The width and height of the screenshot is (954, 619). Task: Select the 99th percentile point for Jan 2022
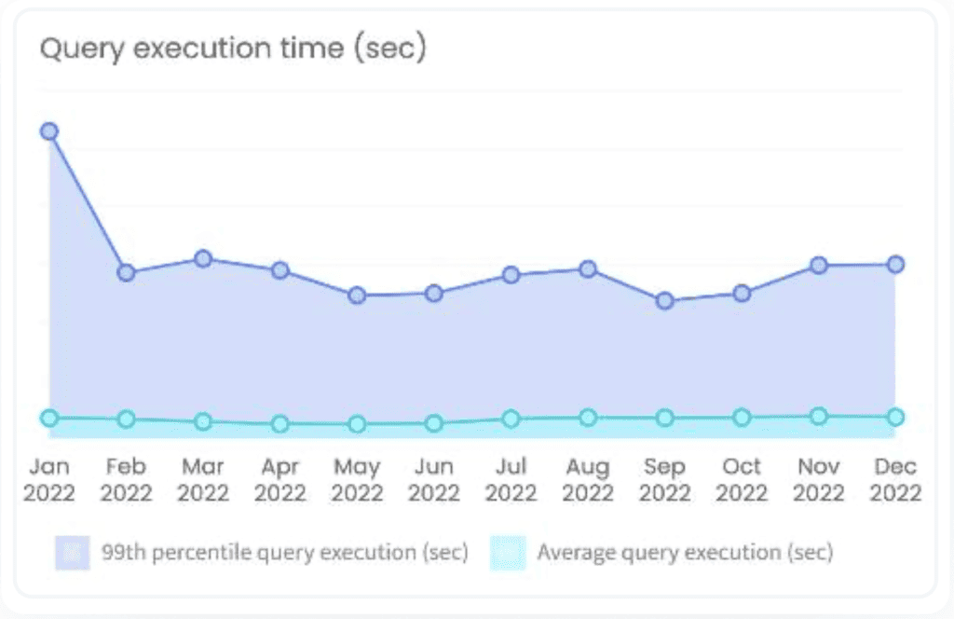(x=49, y=131)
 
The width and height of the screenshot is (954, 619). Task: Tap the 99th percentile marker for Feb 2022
(x=127, y=272)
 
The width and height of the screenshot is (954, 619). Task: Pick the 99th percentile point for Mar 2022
(x=203, y=258)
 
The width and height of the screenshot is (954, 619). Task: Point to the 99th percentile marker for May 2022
(x=357, y=296)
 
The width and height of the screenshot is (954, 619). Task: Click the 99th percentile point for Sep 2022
(x=664, y=301)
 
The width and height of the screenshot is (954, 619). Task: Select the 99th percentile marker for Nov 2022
(x=819, y=266)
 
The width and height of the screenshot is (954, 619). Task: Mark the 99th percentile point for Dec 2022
(x=895, y=265)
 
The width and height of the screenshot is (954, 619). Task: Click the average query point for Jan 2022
(x=49, y=419)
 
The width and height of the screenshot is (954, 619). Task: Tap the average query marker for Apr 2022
(x=279, y=423)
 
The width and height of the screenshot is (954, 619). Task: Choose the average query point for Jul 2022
(x=511, y=419)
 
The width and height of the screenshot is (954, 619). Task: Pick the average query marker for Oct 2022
(x=742, y=417)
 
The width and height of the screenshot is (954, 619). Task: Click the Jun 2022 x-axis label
(x=433, y=479)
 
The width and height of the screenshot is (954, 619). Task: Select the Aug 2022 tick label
(x=587, y=479)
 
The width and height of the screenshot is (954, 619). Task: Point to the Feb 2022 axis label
(x=126, y=479)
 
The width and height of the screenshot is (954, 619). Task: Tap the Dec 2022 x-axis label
(x=895, y=479)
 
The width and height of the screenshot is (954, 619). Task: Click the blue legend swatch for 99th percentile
(x=72, y=553)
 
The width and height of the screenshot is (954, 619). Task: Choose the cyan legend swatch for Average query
(x=508, y=553)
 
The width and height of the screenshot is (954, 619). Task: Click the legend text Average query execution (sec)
(x=684, y=553)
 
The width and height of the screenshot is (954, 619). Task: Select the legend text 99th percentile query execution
(x=284, y=553)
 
